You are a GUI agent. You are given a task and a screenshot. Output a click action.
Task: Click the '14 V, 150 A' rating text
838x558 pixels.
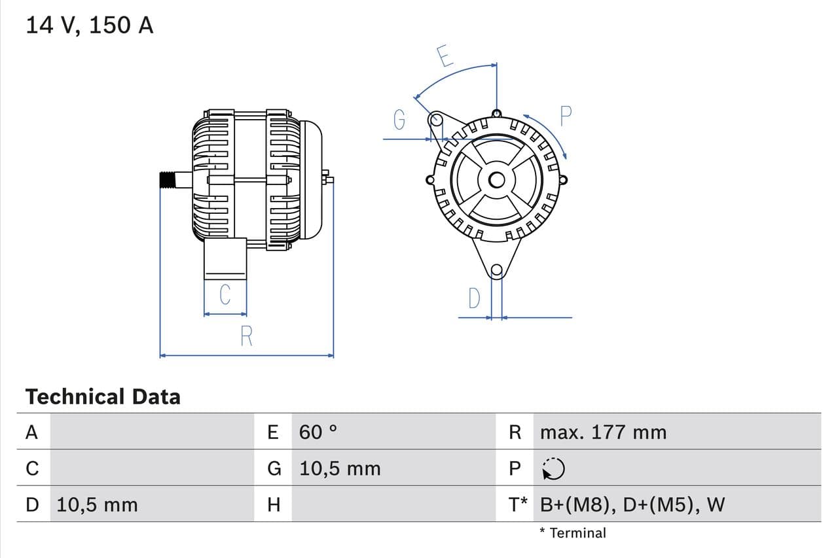tap(90, 26)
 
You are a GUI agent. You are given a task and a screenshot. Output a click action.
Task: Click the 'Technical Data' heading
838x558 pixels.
tap(103, 396)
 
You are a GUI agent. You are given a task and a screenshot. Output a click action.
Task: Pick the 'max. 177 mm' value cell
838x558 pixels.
tap(603, 432)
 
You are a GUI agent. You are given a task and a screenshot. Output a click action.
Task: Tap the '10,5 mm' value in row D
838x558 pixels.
tap(97, 504)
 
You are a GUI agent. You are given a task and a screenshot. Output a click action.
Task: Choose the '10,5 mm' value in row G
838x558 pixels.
tap(340, 468)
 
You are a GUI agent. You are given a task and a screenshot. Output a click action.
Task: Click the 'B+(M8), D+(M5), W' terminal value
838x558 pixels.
tap(632, 504)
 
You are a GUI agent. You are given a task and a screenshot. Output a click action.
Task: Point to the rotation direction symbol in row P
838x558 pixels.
tap(553, 468)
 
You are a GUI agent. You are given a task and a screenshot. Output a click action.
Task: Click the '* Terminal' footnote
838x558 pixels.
tap(573, 532)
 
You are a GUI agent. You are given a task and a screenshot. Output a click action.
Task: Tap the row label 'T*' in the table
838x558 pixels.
tap(517, 504)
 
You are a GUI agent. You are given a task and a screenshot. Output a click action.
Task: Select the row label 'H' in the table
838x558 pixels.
tap(274, 504)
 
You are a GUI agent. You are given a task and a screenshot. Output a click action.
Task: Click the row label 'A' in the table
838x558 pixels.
tap(31, 432)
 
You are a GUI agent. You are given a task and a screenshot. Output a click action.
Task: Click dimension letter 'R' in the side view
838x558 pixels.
tap(246, 336)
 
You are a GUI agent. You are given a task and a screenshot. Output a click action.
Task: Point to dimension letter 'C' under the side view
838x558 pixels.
tap(225, 294)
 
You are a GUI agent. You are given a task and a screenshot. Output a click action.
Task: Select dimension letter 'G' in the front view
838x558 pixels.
tap(399, 119)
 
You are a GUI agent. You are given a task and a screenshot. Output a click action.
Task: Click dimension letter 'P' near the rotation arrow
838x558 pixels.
tap(566, 116)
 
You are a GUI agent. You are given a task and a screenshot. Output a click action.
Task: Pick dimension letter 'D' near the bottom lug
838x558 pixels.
tap(474, 299)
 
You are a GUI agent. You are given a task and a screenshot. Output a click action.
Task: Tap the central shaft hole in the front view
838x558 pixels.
tap(496, 180)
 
